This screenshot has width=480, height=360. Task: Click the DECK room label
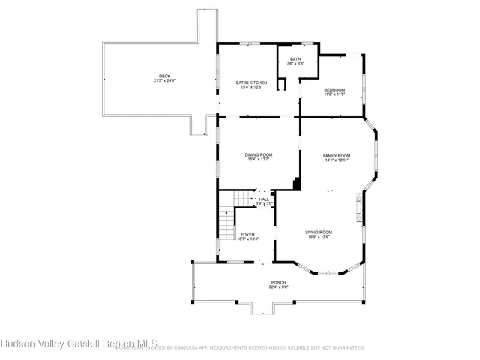(163, 76)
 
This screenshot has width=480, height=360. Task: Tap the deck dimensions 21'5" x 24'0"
(163, 81)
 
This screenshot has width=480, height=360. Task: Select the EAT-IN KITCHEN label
(251, 82)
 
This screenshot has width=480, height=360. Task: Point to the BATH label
(295, 59)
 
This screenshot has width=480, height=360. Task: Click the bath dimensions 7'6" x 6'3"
(295, 64)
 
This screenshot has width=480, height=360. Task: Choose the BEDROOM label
(334, 89)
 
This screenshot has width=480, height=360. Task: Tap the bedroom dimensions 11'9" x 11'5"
(334, 94)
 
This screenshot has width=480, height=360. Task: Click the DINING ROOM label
(257, 155)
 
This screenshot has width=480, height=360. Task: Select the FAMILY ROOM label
(337, 155)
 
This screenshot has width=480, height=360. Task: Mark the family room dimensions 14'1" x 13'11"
(337, 160)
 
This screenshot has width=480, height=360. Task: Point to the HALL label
(264, 199)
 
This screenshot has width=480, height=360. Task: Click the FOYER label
(247, 235)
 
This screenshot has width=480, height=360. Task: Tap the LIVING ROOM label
(319, 232)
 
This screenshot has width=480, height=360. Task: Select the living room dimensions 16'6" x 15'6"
(319, 237)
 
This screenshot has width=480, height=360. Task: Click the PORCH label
(278, 282)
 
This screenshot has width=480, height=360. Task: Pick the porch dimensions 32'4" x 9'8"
(278, 287)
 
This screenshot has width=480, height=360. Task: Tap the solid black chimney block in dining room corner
(297, 184)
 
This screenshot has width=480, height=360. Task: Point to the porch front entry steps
(262, 307)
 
